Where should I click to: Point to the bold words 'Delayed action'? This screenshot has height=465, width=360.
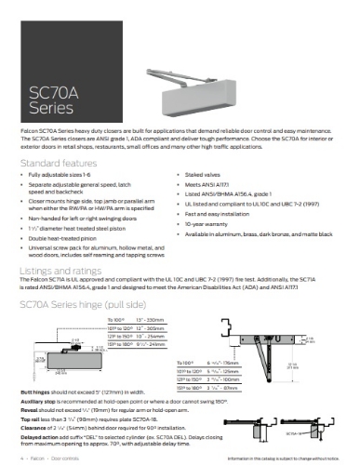(38, 433)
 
